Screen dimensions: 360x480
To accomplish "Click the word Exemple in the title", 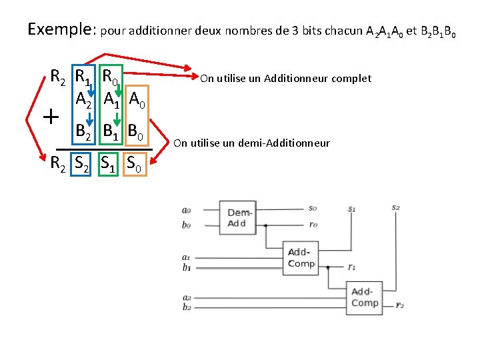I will [62, 29].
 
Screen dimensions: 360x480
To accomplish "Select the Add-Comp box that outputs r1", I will [301, 258].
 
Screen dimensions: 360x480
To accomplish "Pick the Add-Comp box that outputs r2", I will [365, 297].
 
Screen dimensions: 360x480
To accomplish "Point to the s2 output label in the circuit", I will [396, 207].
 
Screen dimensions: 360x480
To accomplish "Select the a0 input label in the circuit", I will [186, 211].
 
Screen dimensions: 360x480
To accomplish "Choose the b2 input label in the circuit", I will [187, 307].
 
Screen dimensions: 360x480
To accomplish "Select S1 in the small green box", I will [107, 163].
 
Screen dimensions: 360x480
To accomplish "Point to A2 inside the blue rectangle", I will [83, 100].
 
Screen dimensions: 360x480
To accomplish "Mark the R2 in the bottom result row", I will [58, 163].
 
